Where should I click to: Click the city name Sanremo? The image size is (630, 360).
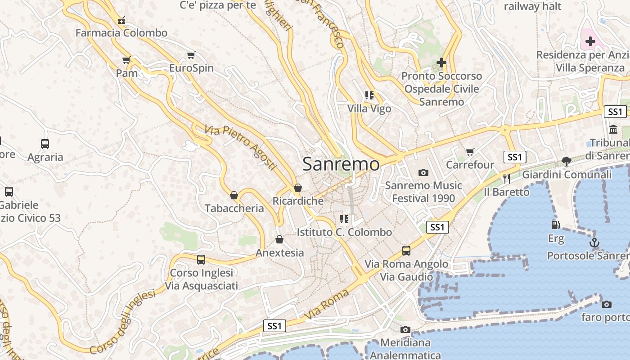pos(341,164)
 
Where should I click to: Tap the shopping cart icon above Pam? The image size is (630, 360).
pos(126,60)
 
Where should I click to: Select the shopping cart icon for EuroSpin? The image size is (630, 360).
pos(191,55)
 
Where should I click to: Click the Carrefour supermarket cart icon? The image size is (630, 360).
pos(470,152)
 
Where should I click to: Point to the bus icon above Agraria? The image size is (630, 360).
pos(45,144)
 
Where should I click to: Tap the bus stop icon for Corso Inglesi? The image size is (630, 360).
pos(201,260)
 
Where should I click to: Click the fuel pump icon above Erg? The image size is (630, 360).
pos(556,225)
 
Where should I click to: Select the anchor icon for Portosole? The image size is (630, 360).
pos(594,243)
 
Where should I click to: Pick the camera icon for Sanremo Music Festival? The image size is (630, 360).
pos(423,172)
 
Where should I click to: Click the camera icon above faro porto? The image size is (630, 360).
pos(607,304)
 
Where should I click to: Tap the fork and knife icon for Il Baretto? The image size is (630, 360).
pos(507,179)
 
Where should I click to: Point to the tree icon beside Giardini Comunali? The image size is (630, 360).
pos(566,161)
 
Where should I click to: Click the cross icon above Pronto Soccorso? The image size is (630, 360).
pos(441,63)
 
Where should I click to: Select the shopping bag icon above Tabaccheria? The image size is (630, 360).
pos(234,195)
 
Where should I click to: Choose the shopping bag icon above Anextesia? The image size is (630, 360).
pos(279,239)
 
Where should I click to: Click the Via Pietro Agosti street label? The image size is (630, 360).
pos(240,148)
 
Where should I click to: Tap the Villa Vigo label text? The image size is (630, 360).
pos(369,108)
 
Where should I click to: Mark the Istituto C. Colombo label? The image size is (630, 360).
pos(344,232)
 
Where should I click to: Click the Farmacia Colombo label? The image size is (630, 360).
pos(121,33)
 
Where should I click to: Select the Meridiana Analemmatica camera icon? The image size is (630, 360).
pos(405,330)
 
